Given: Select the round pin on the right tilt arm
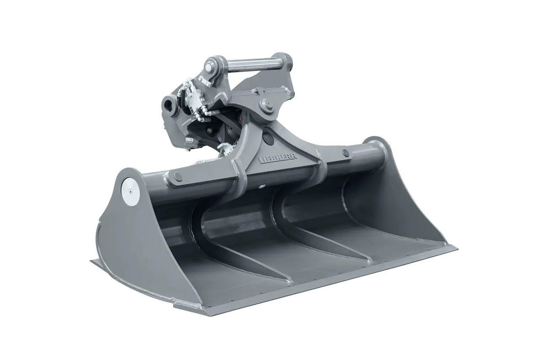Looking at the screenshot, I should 346,152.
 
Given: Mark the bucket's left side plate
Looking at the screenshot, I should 127,236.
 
